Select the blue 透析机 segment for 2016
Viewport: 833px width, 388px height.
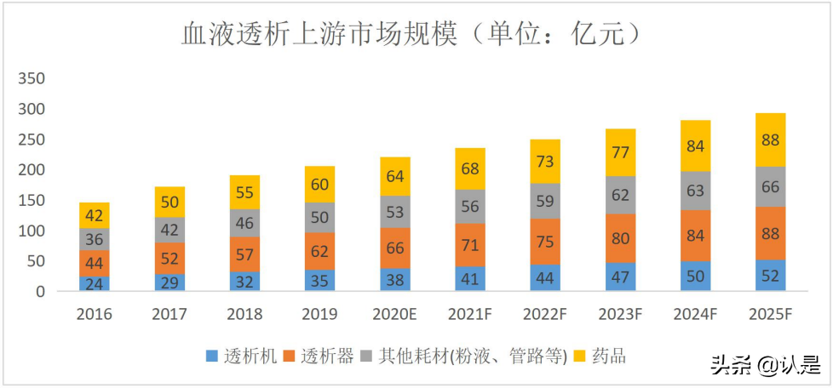(x=95, y=283)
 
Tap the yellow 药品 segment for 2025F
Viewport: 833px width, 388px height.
(x=771, y=140)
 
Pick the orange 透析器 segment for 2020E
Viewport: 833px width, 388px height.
(x=395, y=248)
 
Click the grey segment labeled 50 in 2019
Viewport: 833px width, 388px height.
(x=320, y=217)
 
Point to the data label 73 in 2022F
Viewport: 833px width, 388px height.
(x=545, y=162)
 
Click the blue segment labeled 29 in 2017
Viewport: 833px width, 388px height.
(x=170, y=282)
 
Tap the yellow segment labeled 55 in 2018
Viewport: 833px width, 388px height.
(x=245, y=192)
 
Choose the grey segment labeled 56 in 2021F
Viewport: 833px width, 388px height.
(x=470, y=207)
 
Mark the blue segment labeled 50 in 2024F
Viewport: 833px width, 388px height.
(x=696, y=276)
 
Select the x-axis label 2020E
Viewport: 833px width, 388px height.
(x=395, y=314)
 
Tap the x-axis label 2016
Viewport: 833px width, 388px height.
(x=95, y=314)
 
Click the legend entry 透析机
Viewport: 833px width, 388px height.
(x=243, y=356)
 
